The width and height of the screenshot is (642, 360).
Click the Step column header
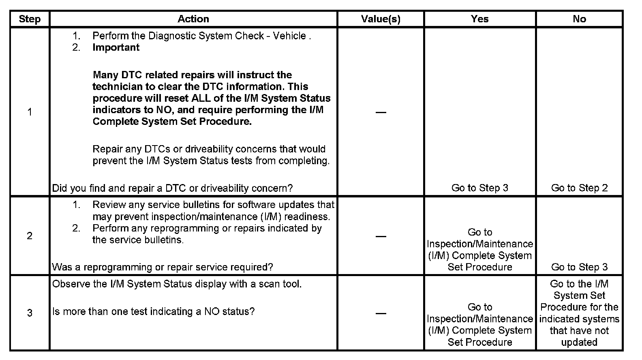[x=30, y=19]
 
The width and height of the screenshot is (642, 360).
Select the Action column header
[x=193, y=19]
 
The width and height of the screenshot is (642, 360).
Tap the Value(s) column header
[x=381, y=19]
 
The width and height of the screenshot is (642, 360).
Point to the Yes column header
[x=480, y=19]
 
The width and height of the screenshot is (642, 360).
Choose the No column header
[x=579, y=19]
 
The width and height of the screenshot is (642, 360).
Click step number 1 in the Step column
[x=30, y=112]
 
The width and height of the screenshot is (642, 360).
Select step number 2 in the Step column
[x=30, y=236]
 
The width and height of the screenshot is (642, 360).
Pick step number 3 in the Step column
[x=30, y=313]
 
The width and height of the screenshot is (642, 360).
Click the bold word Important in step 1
[x=116, y=47]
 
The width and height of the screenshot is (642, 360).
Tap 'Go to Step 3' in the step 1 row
[x=480, y=188]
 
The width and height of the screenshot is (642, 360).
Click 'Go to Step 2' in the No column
[x=579, y=188]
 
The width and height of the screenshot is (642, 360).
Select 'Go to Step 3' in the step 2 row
[x=579, y=267]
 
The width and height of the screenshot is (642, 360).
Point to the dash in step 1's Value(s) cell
[x=381, y=112]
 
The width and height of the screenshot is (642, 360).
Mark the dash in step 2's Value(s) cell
[x=381, y=236]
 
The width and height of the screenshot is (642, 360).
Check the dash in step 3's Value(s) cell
[x=381, y=313]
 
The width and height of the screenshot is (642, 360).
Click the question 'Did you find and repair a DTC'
[x=172, y=188]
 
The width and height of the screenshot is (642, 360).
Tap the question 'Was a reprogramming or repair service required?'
[x=163, y=267]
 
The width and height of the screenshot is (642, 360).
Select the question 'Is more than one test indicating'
[x=154, y=312]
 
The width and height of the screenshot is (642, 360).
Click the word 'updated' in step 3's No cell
[x=579, y=342]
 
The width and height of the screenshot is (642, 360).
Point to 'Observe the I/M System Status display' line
[x=177, y=284]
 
